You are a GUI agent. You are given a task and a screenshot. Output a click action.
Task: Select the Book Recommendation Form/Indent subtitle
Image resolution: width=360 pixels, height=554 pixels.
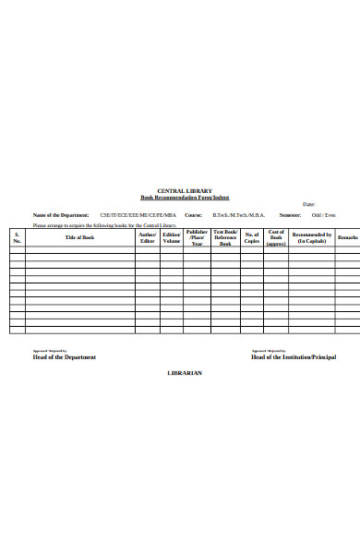click(185, 198)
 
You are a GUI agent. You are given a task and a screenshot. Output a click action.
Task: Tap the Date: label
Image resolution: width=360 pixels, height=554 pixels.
click(308, 204)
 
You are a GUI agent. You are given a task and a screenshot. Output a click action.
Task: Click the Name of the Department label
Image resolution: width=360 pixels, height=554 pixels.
click(61, 214)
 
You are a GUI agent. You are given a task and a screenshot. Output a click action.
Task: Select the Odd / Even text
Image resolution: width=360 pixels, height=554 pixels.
click(324, 214)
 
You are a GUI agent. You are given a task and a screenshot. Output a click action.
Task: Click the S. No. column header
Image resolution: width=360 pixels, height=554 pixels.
click(17, 237)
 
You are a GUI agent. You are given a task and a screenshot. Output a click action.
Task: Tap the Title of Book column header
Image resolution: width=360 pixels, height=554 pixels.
click(79, 237)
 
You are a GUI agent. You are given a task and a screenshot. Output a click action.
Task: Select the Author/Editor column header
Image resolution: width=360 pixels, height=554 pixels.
click(148, 237)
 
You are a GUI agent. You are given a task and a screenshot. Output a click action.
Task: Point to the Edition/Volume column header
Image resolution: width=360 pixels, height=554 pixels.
click(172, 237)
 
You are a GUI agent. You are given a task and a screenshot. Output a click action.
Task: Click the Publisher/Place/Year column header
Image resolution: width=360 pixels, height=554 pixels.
click(197, 237)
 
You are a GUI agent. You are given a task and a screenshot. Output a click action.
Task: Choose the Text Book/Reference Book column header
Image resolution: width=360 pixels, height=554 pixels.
click(225, 237)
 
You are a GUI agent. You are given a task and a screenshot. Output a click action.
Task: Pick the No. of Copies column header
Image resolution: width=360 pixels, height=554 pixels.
click(252, 237)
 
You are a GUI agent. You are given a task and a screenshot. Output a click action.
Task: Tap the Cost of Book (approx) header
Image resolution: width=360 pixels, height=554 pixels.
click(276, 237)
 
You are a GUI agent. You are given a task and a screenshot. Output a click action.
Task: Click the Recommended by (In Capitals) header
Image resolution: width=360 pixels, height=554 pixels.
click(311, 237)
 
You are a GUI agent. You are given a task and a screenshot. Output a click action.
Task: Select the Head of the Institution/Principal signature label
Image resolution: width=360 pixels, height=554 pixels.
click(294, 357)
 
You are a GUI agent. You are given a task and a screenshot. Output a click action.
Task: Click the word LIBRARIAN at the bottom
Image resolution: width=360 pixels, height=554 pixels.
click(184, 373)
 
